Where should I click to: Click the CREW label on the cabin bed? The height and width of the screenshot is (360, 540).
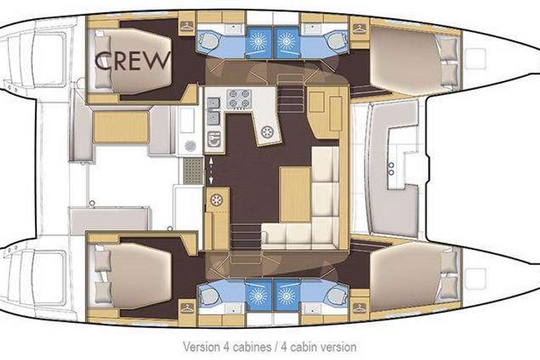(x=133, y=61)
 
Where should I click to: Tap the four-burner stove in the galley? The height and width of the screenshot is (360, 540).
(x=239, y=99)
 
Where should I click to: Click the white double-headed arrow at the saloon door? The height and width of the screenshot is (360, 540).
(x=211, y=171)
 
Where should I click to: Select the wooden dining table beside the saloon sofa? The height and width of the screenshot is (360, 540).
(x=295, y=195)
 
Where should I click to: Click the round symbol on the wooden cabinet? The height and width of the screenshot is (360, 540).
(x=216, y=200)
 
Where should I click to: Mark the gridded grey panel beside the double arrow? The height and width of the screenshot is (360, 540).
(x=192, y=171)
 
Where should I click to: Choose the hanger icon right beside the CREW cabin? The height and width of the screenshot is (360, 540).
(x=187, y=26)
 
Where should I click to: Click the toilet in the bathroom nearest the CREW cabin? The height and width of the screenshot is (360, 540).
(x=209, y=41)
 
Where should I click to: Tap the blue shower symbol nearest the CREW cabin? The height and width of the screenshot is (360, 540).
(x=259, y=42)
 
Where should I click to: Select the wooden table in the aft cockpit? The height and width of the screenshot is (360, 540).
(x=121, y=127)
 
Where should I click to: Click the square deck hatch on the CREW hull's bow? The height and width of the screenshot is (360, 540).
(x=475, y=59)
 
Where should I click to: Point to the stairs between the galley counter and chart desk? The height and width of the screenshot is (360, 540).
(x=291, y=92)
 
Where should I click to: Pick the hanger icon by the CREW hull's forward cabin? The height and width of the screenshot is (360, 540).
(x=359, y=28)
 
